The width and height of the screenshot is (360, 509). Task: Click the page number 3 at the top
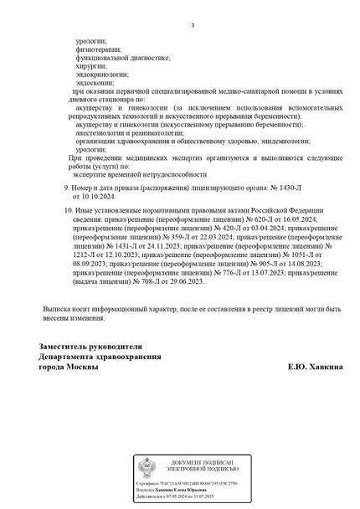pyautogui.click(x=193, y=25)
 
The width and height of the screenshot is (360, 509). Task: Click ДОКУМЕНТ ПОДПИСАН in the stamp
pyautogui.click(x=203, y=463)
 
